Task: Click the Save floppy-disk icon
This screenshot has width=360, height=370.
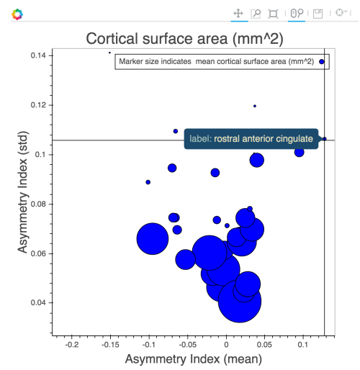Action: tap(318, 14)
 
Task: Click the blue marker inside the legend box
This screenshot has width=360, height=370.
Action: tap(322, 63)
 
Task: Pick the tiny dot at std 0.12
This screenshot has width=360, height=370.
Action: tap(255, 106)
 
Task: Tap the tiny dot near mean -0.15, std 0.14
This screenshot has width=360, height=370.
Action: tap(109, 53)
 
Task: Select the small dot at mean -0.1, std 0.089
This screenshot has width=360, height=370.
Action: tap(148, 182)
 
